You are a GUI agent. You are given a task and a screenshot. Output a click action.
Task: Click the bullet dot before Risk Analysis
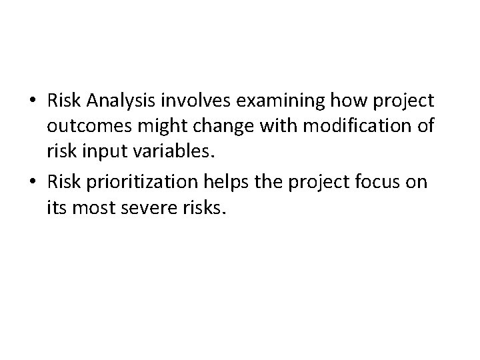tap(32, 101)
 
